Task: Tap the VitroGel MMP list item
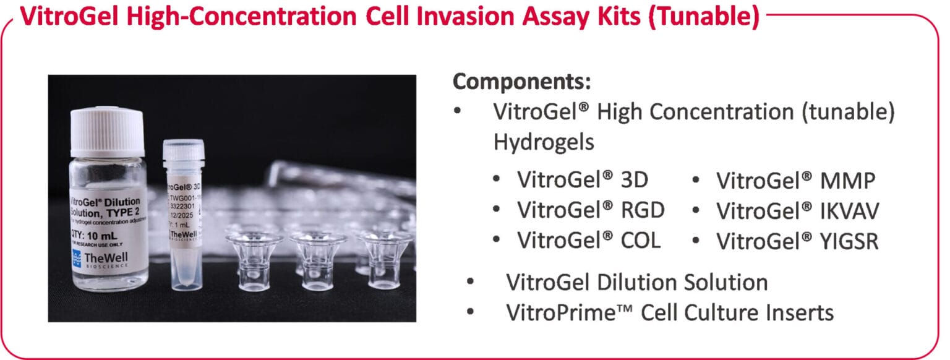pos(796,181)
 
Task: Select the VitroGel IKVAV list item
pos(797,210)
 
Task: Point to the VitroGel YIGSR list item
pos(797,240)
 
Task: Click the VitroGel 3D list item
pos(582,181)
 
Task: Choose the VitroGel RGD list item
pos(591,210)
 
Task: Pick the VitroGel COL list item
pos(589,240)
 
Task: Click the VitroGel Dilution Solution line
pos(636,282)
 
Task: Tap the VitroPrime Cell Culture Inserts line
pos(670,312)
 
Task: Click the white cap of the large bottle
pos(108,131)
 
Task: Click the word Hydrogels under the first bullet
pos(543,142)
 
